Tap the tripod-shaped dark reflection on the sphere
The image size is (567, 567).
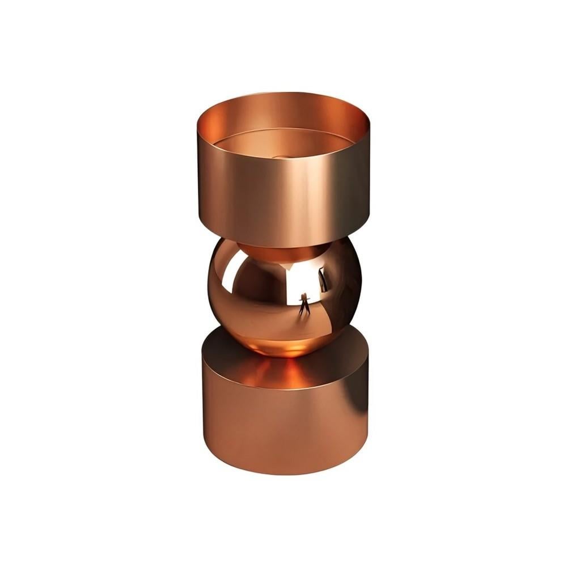pyautogui.click(x=305, y=303)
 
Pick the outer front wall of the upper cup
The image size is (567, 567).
pyautogui.click(x=283, y=193)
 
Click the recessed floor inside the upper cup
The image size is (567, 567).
pyautogui.click(x=283, y=145)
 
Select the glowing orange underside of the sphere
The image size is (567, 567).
pyautogui.click(x=283, y=346)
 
